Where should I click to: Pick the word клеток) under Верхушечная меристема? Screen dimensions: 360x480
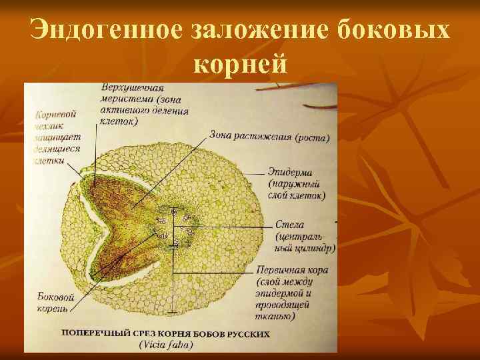click(x=118, y=121)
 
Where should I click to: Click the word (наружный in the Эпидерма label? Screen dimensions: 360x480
click(x=294, y=184)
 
